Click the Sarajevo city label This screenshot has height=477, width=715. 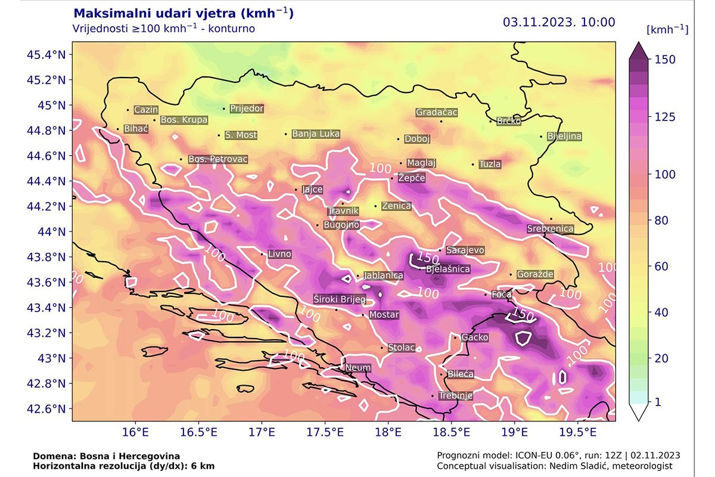tap(465, 250)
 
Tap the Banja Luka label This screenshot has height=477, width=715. tap(316, 134)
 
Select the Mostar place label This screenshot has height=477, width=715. tap(384, 315)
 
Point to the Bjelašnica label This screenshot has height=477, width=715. tap(447, 270)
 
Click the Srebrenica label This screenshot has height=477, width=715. tap(550, 229)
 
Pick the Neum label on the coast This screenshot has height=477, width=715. tap(357, 368)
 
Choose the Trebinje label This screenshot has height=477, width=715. tap(455, 396)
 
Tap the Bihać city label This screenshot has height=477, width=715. tap(136, 129)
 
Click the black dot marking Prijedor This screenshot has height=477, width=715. tap(224, 109)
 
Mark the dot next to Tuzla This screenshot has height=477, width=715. tap(473, 165)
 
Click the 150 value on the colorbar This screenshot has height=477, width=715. tap(664, 59)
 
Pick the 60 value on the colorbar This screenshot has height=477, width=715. tap(662, 267)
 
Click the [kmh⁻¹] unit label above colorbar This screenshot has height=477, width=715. tap(667, 30)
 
